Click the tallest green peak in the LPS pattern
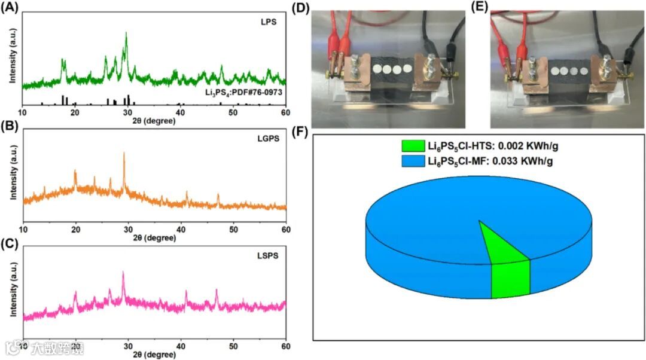[x=126, y=35]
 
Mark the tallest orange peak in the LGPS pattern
[x=124, y=154]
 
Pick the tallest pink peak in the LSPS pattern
[x=123, y=273]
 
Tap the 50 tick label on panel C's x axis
[x=233, y=346]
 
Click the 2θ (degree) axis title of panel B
[x=154, y=237]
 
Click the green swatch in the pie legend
[x=412, y=146]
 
